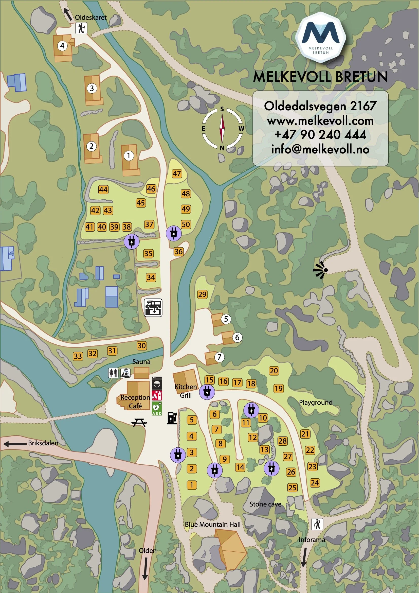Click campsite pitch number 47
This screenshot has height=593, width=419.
pos(177,173)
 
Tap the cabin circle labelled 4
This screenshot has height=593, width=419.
pos(62,46)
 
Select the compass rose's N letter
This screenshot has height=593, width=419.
pos(222,148)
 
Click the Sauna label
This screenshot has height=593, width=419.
pos(141,362)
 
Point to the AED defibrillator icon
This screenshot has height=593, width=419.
pos(157,408)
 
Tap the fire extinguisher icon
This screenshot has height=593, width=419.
pos(157,395)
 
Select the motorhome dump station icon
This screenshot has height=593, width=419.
pos(153,307)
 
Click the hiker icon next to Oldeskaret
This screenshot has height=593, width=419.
pos(81,28)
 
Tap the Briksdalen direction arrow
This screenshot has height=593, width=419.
pos(15,444)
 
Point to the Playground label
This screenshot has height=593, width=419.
pos(316,402)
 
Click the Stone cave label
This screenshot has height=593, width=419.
pos(265,504)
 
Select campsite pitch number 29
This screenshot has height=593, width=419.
pos(202,294)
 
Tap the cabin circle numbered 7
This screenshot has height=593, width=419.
pos(220,357)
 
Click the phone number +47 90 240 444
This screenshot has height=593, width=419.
pos(320,135)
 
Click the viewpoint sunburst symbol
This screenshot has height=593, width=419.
pos(320,270)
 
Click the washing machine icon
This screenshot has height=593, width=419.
pos(157,383)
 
